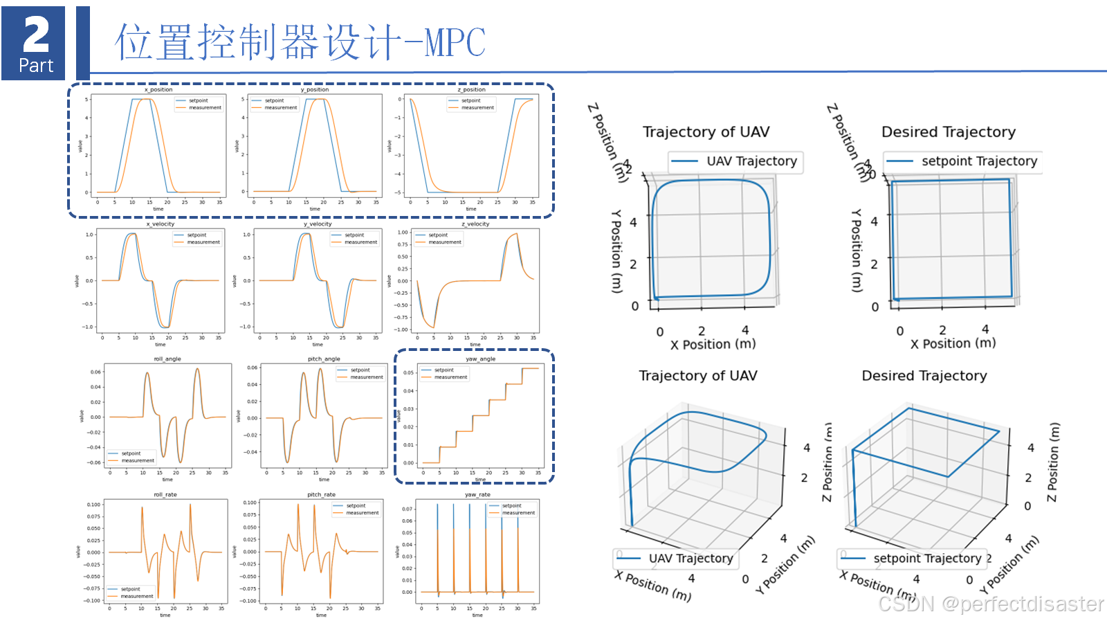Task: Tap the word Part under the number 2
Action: pyautogui.click(x=36, y=65)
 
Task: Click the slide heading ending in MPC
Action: pyautogui.click(x=300, y=42)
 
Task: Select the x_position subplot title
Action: pyautogui.click(x=158, y=89)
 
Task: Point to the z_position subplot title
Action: pyautogui.click(x=471, y=89)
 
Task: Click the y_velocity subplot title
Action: pyautogui.click(x=318, y=224)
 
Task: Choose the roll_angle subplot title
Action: pyautogui.click(x=167, y=359)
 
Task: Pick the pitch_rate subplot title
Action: pyautogui.click(x=321, y=494)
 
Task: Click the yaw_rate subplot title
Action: pyautogui.click(x=477, y=494)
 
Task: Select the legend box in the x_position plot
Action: pyautogui.click(x=199, y=104)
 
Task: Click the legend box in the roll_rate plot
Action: pyautogui.click(x=131, y=593)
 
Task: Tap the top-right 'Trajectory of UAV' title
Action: pyautogui.click(x=706, y=132)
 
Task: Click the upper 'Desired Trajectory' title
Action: pyautogui.click(x=948, y=132)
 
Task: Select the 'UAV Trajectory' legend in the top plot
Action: pyautogui.click(x=735, y=161)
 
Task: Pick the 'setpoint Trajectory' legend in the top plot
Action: pyautogui.click(x=963, y=161)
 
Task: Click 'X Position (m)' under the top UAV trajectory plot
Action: pyautogui.click(x=713, y=344)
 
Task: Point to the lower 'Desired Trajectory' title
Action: pyautogui.click(x=924, y=375)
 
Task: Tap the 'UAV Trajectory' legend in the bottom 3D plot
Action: pyautogui.click(x=676, y=558)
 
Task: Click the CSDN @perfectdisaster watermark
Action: pyautogui.click(x=991, y=604)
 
